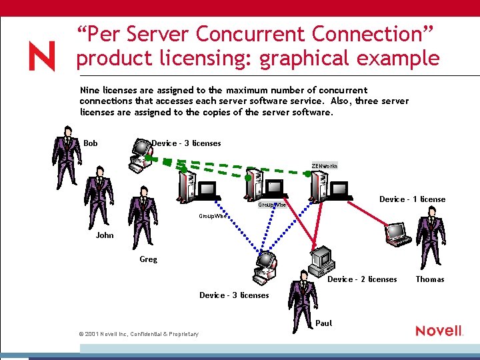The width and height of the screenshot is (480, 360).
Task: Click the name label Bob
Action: (91, 143)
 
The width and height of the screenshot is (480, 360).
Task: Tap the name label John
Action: (105, 235)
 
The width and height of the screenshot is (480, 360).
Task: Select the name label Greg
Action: (149, 259)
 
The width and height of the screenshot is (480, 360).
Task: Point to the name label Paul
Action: (323, 323)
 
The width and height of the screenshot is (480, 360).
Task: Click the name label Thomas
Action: (430, 279)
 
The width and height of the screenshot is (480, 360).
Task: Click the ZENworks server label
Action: (325, 165)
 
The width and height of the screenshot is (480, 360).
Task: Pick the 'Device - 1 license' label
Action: (412, 199)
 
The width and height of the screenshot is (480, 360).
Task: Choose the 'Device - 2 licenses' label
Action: (362, 279)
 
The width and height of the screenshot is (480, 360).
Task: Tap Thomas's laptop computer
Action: (399, 231)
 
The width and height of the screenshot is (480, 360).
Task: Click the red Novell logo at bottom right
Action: (439, 331)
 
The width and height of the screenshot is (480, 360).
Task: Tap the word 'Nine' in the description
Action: (89, 90)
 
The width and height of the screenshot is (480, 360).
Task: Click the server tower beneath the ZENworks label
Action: (319, 186)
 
